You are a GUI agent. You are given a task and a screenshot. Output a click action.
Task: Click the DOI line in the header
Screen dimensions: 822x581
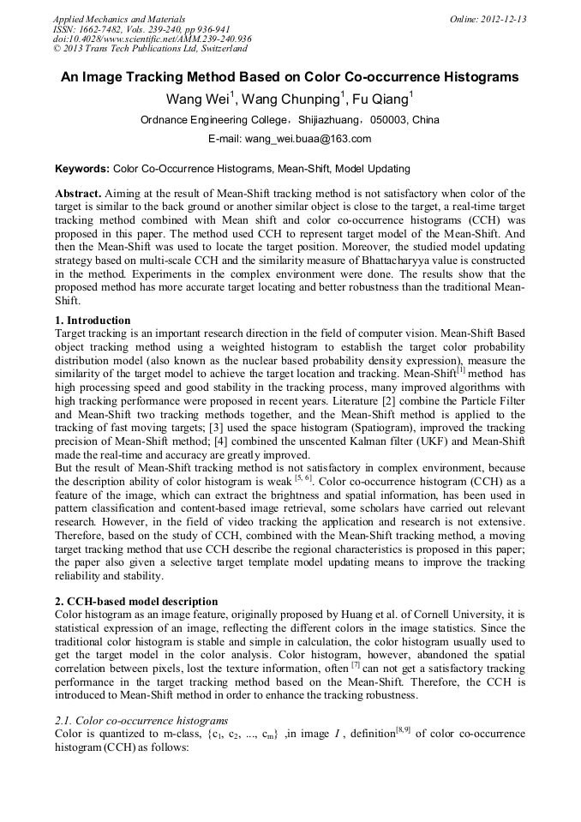pyautogui.click(x=152, y=39)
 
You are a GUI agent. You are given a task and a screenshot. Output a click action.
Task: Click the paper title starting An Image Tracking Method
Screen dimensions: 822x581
pyautogui.click(x=290, y=77)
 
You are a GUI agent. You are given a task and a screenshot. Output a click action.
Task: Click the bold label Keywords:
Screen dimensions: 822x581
pyautogui.click(x=81, y=169)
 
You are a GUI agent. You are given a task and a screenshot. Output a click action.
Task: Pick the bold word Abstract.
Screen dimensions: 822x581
pyautogui.click(x=81, y=194)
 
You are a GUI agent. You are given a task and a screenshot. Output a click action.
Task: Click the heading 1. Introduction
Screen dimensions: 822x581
pyautogui.click(x=93, y=320)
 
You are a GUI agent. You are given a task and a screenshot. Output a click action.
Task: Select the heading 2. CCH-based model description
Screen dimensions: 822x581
pyautogui.click(x=136, y=601)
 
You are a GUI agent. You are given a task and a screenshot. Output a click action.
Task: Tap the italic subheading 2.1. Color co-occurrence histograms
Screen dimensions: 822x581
pyautogui.click(x=135, y=720)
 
